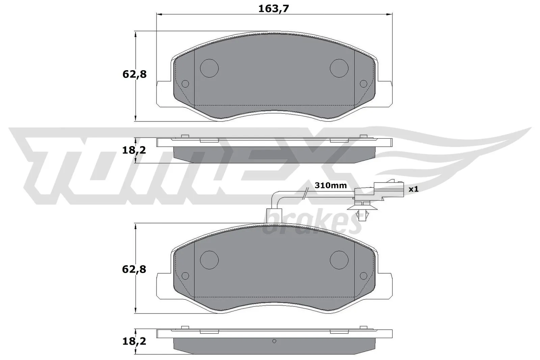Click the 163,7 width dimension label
coord(274,9)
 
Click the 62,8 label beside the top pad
coord(134,74)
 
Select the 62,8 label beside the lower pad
coord(134,269)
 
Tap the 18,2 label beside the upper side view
coord(134,150)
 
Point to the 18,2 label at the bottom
coord(134,341)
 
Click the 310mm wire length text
coord(330,185)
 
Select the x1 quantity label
coord(413,189)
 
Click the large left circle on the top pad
coord(209,68)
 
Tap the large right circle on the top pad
coord(339,68)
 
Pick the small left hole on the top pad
coord(185,84)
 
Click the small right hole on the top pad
coord(363,84)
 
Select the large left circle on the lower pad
coord(209,260)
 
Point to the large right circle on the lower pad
coord(339,260)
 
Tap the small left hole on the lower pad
coord(185,276)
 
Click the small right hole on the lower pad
coord(363,276)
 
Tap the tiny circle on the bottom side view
coord(274,341)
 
